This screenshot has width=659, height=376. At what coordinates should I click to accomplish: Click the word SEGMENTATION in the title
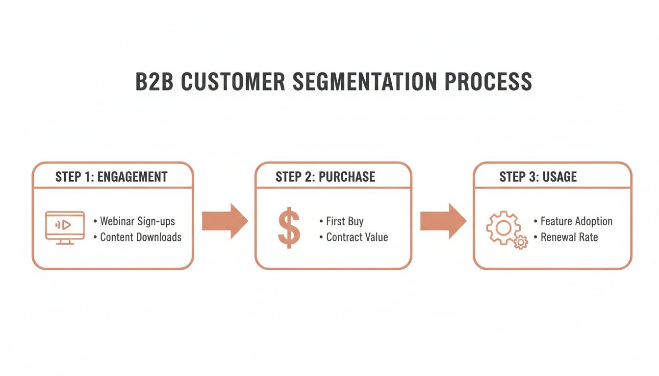point(365,81)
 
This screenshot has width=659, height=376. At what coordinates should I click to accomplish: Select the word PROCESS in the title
point(488,81)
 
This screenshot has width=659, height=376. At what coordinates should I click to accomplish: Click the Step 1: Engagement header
point(111,177)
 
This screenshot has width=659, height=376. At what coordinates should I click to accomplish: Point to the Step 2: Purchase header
point(325,177)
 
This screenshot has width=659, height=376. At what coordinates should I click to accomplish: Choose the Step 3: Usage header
point(538,177)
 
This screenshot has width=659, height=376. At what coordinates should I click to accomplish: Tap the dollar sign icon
point(289,228)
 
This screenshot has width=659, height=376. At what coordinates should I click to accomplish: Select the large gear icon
point(502,227)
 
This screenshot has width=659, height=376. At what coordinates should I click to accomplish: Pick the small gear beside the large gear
point(521,242)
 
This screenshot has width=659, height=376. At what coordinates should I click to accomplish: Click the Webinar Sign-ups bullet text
point(137,221)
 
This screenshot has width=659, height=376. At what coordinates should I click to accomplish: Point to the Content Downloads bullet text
point(141,237)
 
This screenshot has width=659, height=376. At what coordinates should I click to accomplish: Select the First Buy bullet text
point(345,221)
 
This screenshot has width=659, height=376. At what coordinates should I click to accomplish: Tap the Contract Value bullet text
point(357,237)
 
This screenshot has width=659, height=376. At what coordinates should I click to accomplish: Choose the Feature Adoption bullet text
point(576,221)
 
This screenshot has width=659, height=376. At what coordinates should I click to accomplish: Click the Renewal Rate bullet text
point(569,237)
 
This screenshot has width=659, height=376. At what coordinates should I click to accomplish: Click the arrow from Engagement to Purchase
point(225,221)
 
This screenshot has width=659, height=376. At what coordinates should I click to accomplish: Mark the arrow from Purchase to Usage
point(443,221)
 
